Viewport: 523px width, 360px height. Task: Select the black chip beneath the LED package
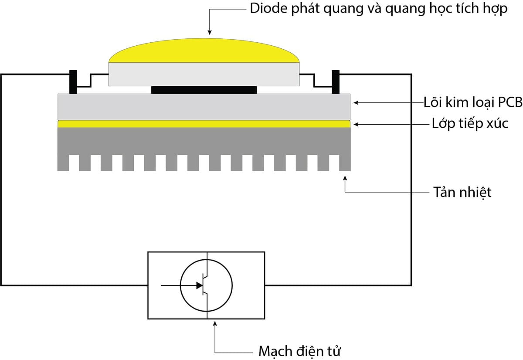click(x=204, y=90)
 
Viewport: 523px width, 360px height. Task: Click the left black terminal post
click(x=73, y=82)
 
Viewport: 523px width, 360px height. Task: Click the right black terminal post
click(x=336, y=82)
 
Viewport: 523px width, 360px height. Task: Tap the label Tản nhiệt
click(x=462, y=192)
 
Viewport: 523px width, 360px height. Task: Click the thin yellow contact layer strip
click(x=204, y=124)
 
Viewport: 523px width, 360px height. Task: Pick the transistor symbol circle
click(x=207, y=285)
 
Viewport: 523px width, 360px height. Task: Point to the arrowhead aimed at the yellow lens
click(x=210, y=32)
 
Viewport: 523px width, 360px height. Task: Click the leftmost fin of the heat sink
click(x=63, y=163)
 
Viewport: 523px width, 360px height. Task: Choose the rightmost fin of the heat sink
click(x=346, y=163)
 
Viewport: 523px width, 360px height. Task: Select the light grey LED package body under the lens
click(x=204, y=74)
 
